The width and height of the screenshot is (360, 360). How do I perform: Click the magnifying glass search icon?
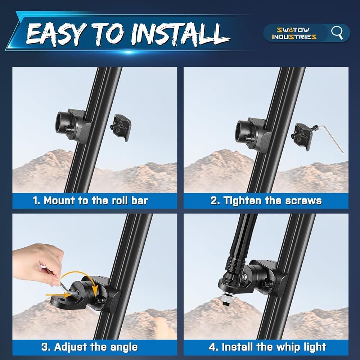[337, 33]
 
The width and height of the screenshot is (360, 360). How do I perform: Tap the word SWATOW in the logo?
[293, 30]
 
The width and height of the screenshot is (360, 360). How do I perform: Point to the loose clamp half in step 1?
[121, 127]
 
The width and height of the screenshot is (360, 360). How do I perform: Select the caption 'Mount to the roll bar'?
[90, 201]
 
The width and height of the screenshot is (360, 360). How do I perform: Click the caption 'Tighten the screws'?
[266, 201]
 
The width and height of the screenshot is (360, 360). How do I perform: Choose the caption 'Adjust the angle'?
[90, 347]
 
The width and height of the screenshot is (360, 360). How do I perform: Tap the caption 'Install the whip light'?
[267, 347]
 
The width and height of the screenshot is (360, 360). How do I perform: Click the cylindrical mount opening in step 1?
[60, 122]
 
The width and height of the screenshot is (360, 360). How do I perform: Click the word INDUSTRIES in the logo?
[294, 37]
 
